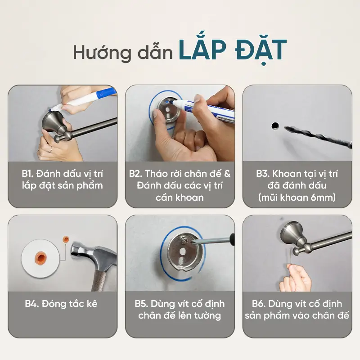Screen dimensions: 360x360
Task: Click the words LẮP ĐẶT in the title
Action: (x=233, y=50)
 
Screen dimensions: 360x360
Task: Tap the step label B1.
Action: (x=27, y=174)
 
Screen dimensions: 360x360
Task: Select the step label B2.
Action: (x=135, y=174)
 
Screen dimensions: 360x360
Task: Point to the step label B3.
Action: (x=263, y=174)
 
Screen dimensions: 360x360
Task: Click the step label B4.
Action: (x=31, y=304)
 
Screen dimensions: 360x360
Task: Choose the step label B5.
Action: (x=141, y=304)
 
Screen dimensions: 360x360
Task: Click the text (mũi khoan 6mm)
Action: (x=297, y=198)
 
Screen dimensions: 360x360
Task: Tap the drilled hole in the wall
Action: (x=275, y=126)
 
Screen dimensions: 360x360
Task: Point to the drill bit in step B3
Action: (x=318, y=136)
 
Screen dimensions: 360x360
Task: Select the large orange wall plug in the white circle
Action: (x=40, y=257)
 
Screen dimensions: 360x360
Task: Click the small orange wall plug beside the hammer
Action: (x=66, y=239)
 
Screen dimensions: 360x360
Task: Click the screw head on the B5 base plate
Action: (x=185, y=240)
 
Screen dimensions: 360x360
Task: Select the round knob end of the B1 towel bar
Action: (x=57, y=139)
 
